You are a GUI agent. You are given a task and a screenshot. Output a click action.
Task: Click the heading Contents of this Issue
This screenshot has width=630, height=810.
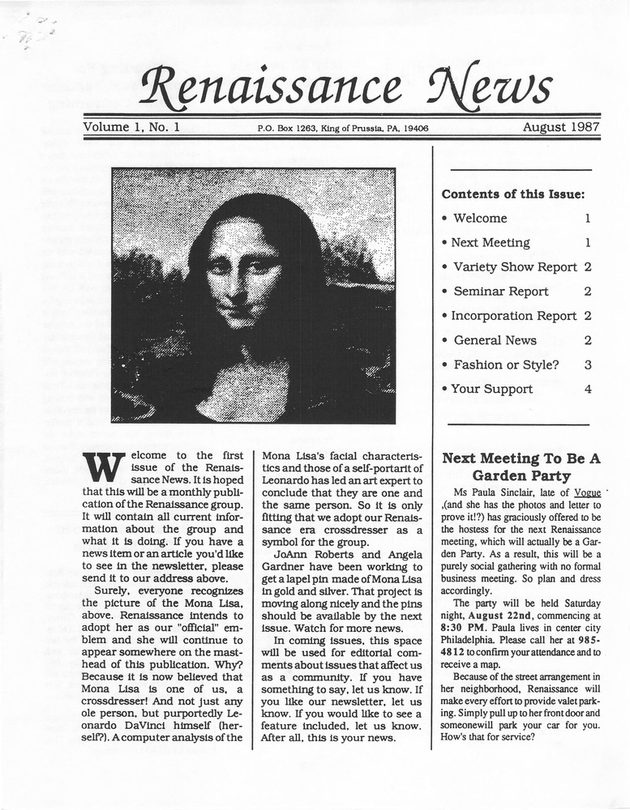[x=512, y=194]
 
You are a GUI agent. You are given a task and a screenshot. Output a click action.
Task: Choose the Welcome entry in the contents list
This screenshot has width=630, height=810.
[x=479, y=219]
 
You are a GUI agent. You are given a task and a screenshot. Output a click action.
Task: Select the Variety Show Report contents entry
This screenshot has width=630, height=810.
[x=514, y=267]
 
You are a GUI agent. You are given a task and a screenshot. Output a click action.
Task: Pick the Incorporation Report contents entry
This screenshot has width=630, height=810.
[x=513, y=316]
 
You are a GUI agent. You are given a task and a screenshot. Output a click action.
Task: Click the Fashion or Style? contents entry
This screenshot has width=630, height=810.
[x=505, y=364]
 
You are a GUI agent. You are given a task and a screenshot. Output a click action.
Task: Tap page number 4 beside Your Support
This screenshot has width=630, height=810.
[x=588, y=389]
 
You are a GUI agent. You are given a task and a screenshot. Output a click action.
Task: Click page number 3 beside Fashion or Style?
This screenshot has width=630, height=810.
[x=588, y=364]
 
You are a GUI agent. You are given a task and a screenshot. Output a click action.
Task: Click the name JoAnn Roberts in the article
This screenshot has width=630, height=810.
[x=314, y=556]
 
